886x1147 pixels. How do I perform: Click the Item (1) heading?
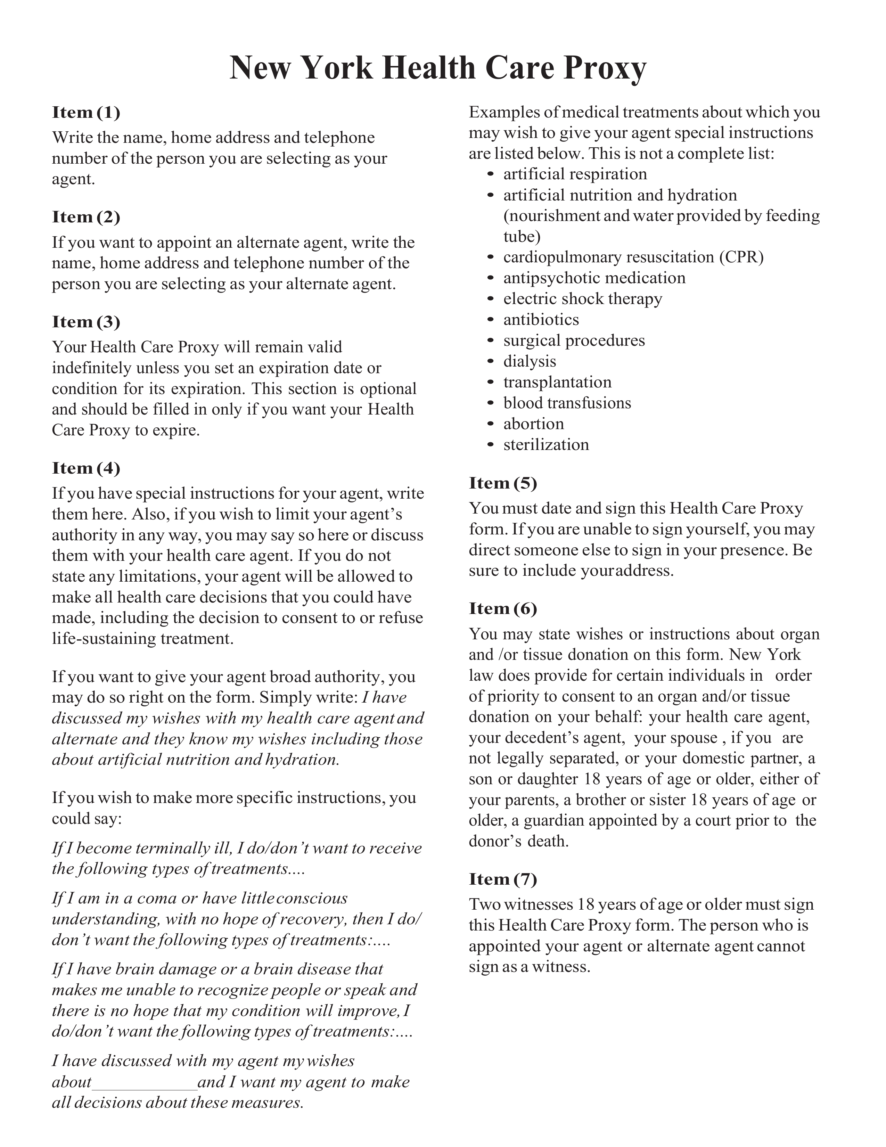click(86, 112)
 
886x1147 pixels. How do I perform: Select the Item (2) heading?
click(86, 217)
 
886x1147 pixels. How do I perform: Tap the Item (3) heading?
click(86, 322)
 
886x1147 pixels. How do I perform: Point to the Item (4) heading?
click(86, 468)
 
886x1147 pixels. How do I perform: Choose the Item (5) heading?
click(503, 483)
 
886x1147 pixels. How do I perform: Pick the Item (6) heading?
click(503, 608)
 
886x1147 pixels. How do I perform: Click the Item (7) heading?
click(503, 879)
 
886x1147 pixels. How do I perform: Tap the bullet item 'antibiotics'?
click(541, 319)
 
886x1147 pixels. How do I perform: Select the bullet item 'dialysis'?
click(530, 361)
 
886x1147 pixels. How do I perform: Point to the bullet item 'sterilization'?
click(546, 445)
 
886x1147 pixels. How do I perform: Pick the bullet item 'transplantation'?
click(557, 382)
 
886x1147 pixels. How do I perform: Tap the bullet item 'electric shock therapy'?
click(582, 299)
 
